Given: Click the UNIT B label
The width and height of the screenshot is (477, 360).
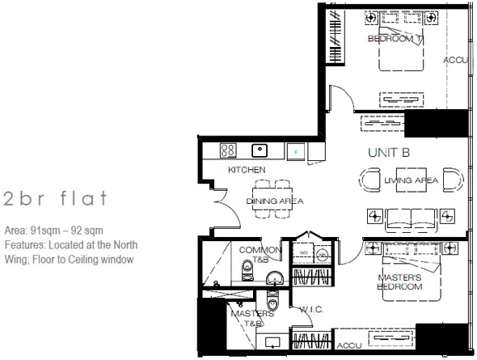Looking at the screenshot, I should click(x=390, y=151).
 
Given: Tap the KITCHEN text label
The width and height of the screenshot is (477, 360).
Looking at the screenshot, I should click(x=247, y=170).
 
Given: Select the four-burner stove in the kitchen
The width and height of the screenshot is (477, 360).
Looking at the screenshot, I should click(x=228, y=150).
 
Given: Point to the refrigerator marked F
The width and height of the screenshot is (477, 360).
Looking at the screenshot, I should click(x=297, y=150).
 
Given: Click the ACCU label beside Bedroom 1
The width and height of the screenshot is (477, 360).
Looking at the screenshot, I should click(x=456, y=61).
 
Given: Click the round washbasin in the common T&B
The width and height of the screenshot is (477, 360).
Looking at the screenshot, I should click(x=273, y=278).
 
